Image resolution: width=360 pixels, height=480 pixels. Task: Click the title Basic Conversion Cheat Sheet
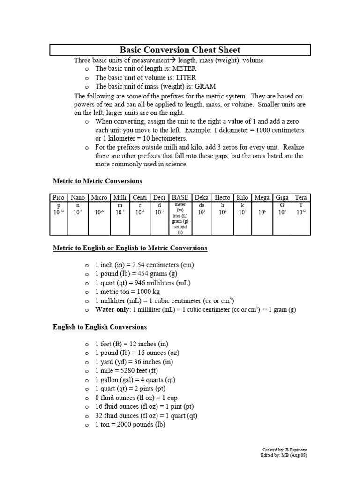click(180, 50)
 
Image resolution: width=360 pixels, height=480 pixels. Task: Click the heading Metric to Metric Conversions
click(97, 181)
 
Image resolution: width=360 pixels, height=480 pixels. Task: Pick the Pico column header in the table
click(59, 198)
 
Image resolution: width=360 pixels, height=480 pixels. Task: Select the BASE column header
click(180, 198)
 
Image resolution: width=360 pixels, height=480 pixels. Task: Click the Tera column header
click(300, 198)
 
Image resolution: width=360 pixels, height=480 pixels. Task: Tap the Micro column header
click(99, 198)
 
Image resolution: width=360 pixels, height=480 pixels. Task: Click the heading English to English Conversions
click(100, 327)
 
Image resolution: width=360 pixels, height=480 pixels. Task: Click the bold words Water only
click(112, 310)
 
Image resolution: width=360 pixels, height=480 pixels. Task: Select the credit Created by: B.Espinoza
click(284, 450)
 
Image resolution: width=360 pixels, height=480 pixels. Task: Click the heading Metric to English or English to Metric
click(130, 248)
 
